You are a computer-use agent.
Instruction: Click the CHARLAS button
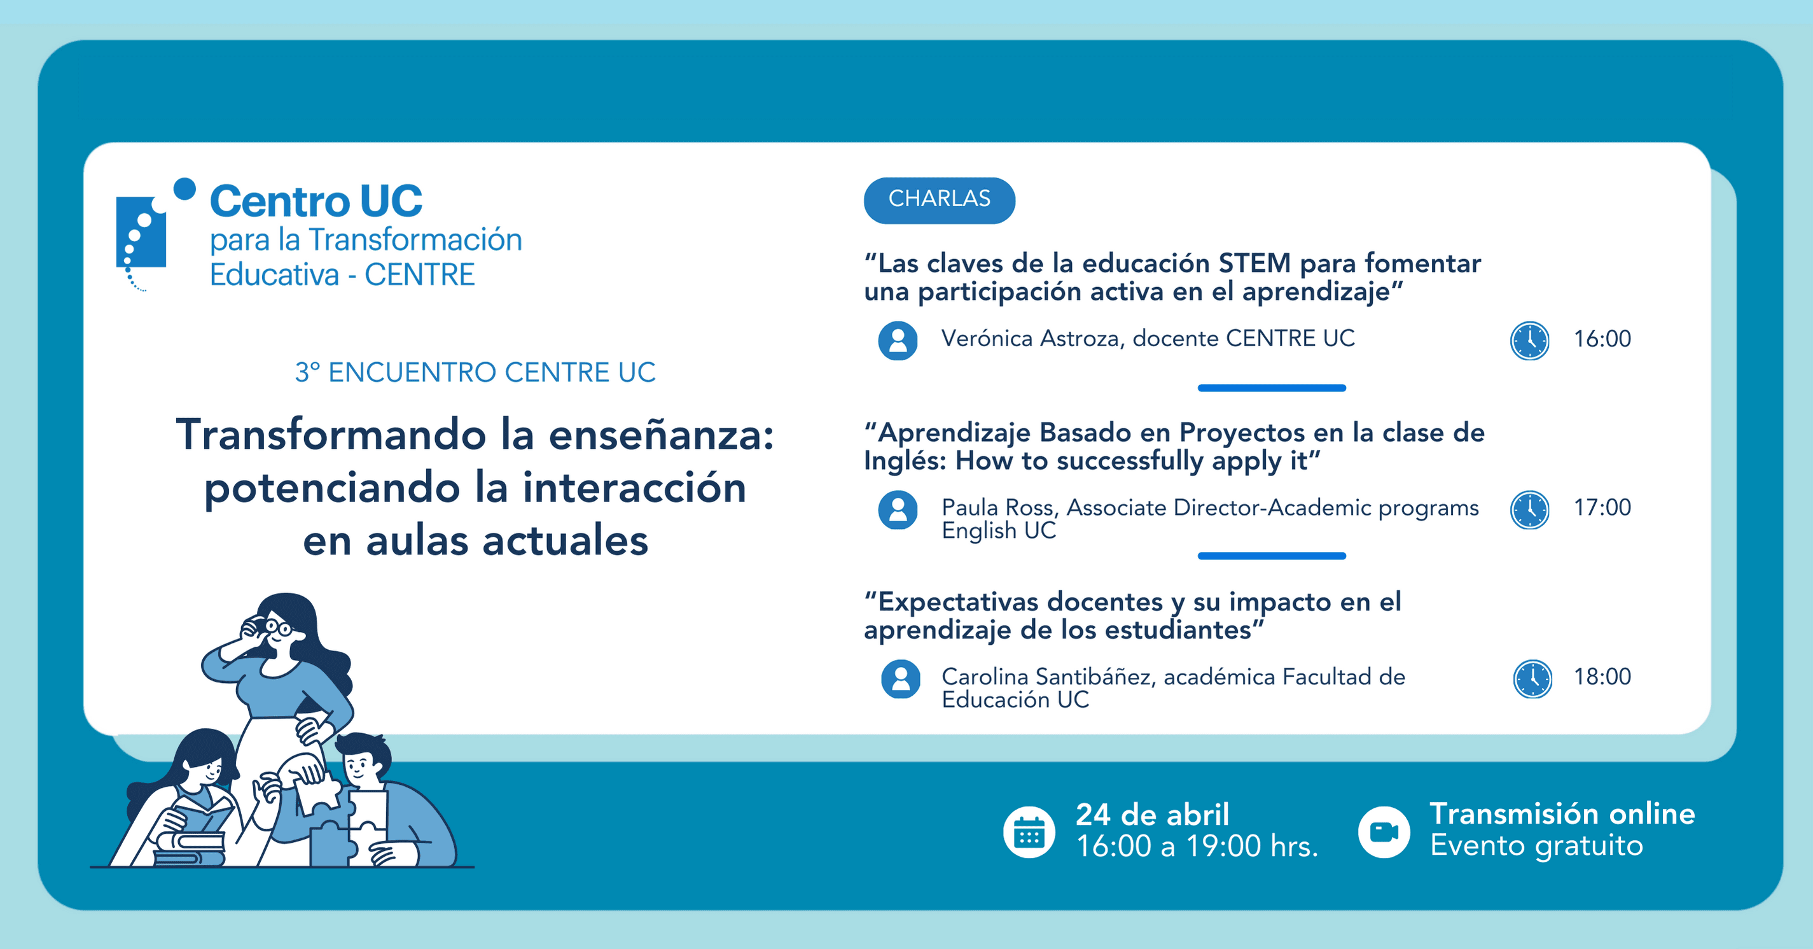click(939, 200)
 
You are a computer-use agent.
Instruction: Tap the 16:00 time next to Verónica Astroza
click(1602, 339)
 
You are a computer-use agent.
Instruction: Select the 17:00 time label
click(1602, 507)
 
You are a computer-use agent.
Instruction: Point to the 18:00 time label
click(1602, 677)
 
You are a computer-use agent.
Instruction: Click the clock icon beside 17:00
click(1529, 510)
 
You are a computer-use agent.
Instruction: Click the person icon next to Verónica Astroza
click(898, 341)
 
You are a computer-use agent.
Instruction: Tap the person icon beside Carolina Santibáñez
click(900, 678)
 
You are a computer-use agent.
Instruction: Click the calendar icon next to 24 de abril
click(1029, 832)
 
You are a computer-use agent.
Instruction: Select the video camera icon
click(1384, 832)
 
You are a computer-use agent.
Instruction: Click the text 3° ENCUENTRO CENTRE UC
click(475, 372)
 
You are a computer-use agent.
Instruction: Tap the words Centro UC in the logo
click(316, 201)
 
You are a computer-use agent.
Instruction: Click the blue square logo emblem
click(141, 232)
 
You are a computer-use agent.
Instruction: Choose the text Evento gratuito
click(1536, 845)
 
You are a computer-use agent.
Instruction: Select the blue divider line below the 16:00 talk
click(1272, 388)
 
